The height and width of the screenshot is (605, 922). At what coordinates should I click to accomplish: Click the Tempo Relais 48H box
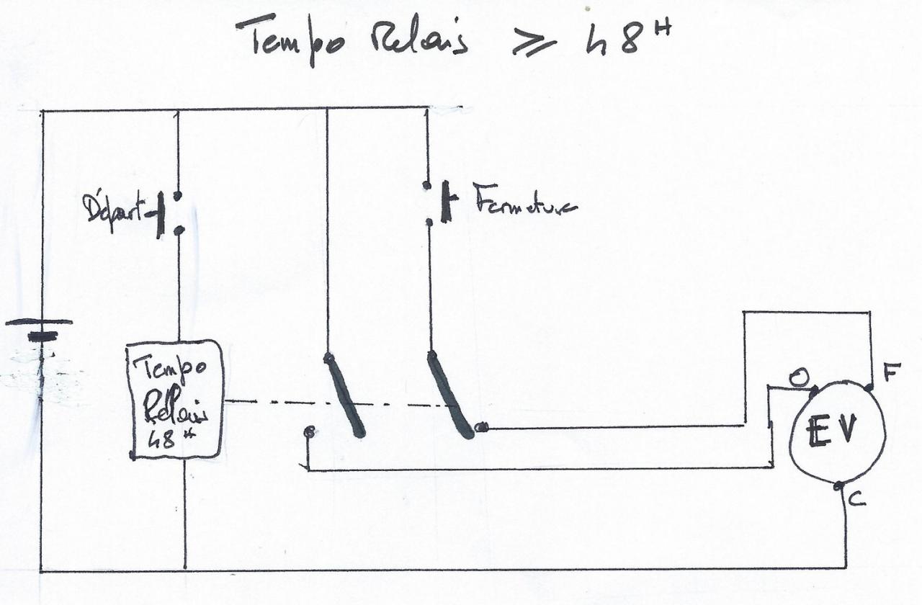[175, 398]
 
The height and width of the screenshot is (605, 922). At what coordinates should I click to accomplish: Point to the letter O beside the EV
[797, 377]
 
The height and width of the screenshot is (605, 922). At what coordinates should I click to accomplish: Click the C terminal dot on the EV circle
[838, 487]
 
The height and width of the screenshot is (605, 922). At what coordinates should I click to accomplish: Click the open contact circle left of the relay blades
[309, 432]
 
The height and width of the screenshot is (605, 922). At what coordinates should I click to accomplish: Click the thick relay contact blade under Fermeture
[449, 395]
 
